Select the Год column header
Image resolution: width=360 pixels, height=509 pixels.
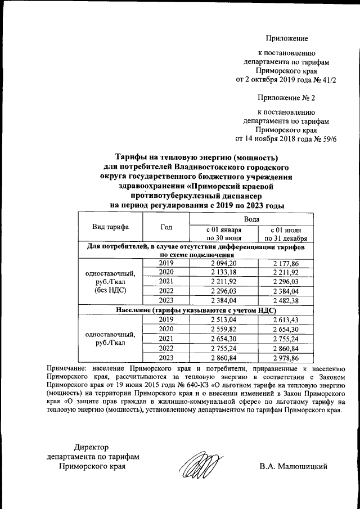point(166,227)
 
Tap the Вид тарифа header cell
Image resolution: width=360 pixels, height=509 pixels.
point(110,227)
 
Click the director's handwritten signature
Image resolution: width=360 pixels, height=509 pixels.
point(200,465)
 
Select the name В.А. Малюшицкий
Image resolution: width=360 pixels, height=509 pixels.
point(293,467)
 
